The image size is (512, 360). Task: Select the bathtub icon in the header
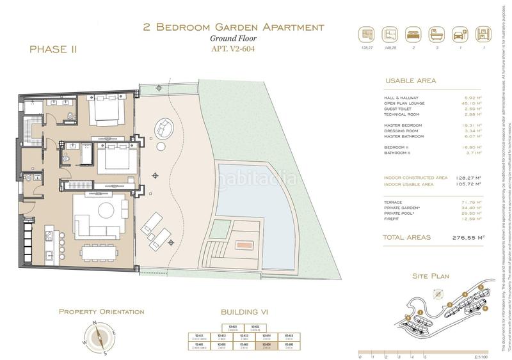pos(436,35)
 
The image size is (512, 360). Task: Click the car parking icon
pos(459,35)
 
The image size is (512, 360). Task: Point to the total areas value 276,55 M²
pos(463,237)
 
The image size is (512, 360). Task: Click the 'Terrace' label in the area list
pos(394,202)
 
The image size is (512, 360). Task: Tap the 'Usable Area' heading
pos(410,81)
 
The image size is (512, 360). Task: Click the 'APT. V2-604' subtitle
pos(233,49)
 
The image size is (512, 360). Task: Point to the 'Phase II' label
pos(53,49)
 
